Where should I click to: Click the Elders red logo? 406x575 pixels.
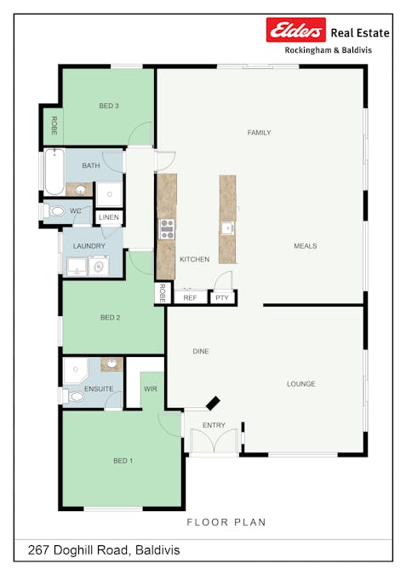coord(296,32)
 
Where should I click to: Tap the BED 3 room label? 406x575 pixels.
coord(109,106)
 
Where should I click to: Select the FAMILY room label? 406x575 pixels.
coord(259,133)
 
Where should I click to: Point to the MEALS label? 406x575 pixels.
coord(305,246)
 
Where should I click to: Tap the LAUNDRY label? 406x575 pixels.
coord(89,246)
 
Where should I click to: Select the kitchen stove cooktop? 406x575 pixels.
coord(167,227)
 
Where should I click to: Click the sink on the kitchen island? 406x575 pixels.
coord(227,227)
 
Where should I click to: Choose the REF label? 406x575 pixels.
coord(190,298)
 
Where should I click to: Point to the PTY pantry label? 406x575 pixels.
coord(221,298)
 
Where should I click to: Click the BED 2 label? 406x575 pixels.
coord(110,318)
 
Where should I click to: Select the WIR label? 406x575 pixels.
coord(151,388)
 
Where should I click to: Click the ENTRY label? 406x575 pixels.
coord(214,425)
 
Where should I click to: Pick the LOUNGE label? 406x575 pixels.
coord(300,384)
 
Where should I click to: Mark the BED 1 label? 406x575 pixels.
coord(123,461)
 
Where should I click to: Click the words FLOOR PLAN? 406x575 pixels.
coord(226,522)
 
